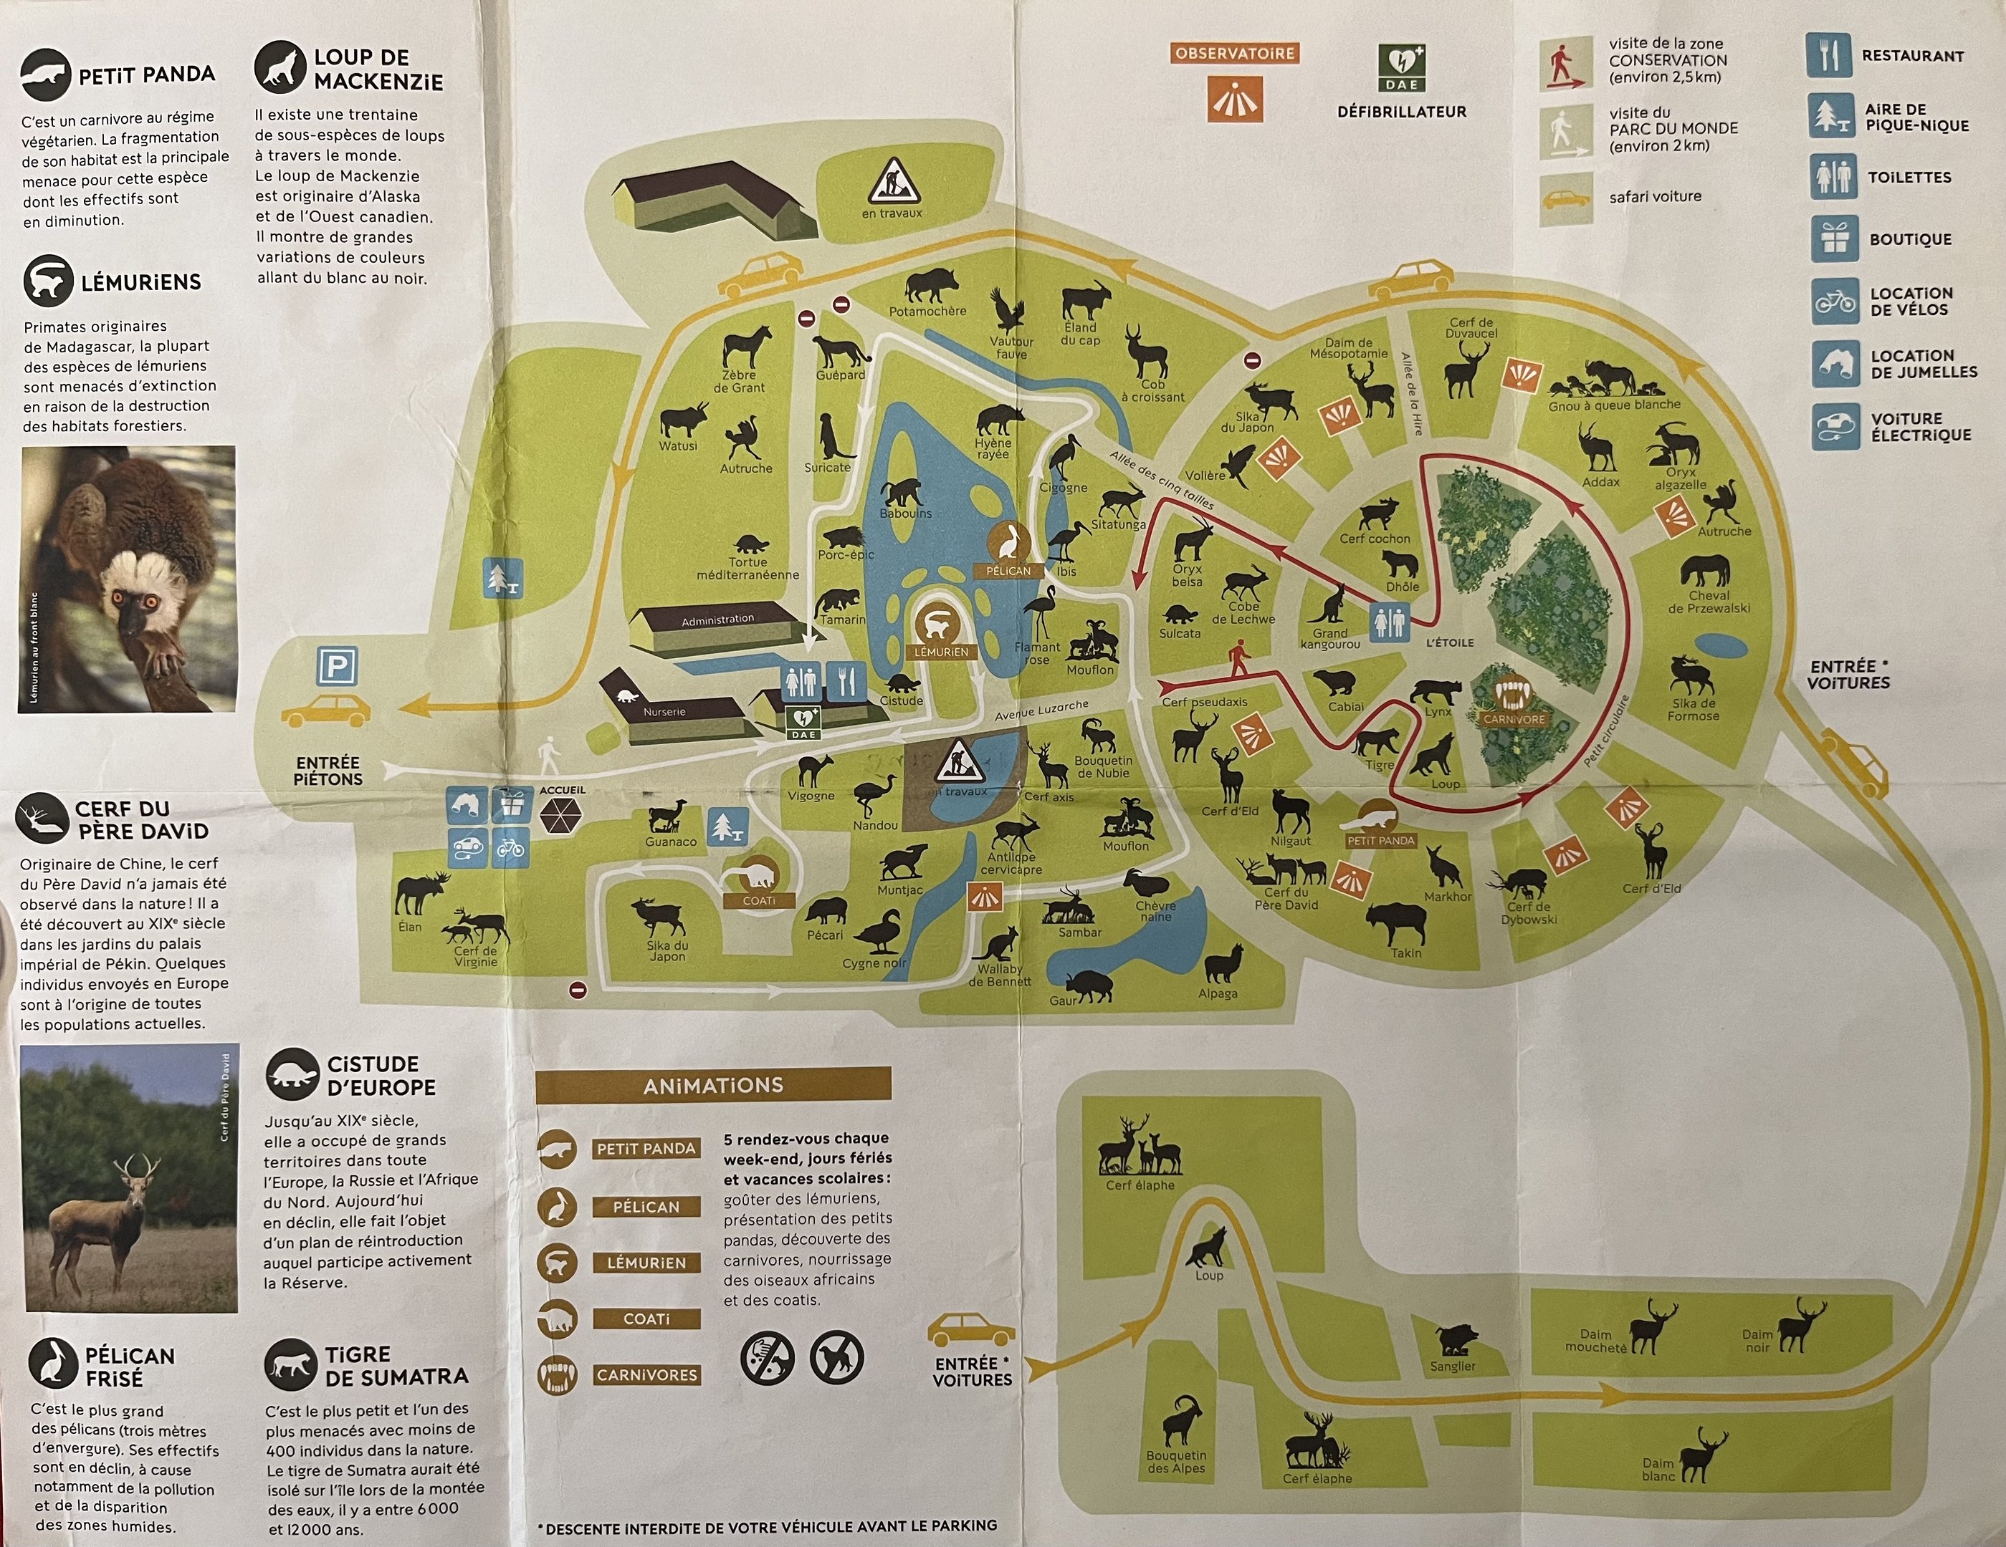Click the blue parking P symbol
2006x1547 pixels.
click(336, 668)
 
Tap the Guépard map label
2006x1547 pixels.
click(841, 375)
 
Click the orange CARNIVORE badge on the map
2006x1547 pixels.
click(1514, 720)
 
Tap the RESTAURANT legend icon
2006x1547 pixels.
click(1829, 56)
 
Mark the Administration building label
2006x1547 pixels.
click(717, 620)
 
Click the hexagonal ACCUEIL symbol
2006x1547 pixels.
click(560, 814)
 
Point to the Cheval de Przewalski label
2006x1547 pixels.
click(1709, 602)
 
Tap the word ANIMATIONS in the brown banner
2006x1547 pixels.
click(713, 1085)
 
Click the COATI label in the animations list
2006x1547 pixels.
click(646, 1319)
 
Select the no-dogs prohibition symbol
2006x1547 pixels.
click(836, 1358)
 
